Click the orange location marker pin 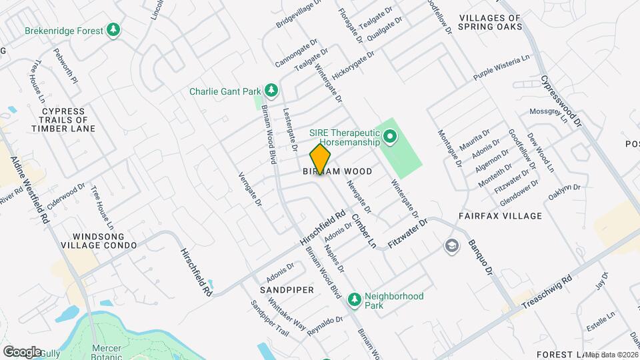(320, 159)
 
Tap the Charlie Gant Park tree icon (271, 90)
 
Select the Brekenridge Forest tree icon (114, 30)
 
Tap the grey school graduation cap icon (451, 246)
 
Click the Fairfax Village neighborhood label (499, 217)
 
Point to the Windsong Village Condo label (105, 241)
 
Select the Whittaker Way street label (287, 315)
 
